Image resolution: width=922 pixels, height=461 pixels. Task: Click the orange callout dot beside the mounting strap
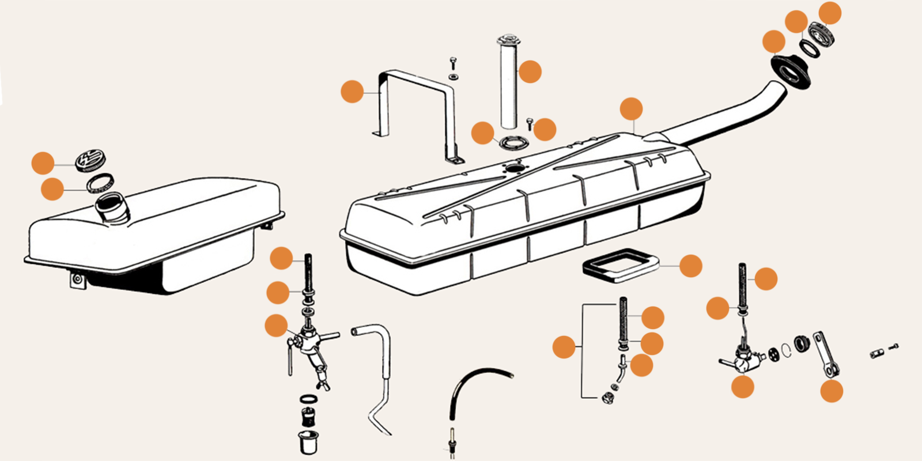[352, 92]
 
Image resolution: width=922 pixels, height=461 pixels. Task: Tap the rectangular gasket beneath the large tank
[619, 264]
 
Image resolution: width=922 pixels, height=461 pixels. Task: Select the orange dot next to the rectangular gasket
[690, 266]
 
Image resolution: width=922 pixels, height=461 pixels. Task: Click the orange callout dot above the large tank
[631, 109]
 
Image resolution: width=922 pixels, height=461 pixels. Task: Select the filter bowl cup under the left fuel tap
[309, 441]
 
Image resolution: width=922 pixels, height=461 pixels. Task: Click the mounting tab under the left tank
[77, 281]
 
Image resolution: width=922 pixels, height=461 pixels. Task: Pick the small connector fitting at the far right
[877, 353]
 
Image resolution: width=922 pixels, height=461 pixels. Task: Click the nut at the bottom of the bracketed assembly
[607, 397]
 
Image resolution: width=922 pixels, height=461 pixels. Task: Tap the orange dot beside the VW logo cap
[43, 163]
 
